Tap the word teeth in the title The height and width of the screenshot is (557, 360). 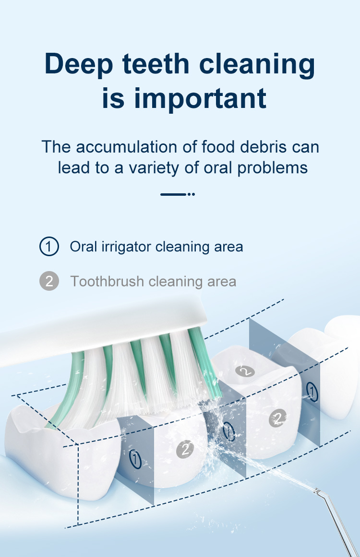156,64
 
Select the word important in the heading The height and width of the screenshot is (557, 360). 200,99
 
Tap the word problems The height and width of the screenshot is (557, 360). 272,168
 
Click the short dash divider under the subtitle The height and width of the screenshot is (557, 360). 177,194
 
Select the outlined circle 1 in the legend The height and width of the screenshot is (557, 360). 49,247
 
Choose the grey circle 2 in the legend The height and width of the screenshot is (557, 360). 49,281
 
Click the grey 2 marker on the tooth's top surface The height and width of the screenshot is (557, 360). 245,371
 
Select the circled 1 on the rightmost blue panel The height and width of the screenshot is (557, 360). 312,392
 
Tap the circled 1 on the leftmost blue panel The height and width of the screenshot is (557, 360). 135,459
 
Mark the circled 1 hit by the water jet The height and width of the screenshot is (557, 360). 229,431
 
